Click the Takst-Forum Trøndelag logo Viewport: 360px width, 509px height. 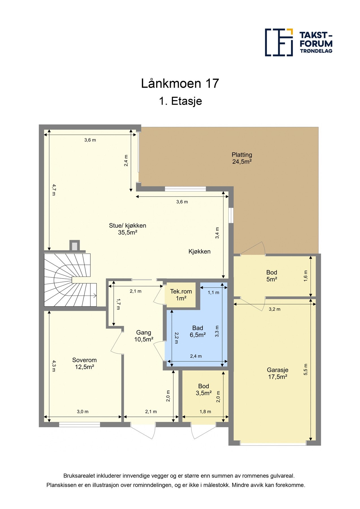[x=298, y=42]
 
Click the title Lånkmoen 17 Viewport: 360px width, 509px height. [x=180, y=83]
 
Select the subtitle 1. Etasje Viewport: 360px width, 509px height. [x=180, y=101]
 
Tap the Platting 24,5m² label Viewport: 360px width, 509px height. [x=242, y=158]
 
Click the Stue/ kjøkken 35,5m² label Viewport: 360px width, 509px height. [x=128, y=229]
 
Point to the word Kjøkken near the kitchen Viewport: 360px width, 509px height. [x=199, y=251]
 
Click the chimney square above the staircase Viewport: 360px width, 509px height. [x=74, y=246]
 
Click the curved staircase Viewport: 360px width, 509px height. [x=68, y=280]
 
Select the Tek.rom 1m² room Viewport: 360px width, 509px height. [x=181, y=295]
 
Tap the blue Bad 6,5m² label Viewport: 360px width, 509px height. [x=197, y=331]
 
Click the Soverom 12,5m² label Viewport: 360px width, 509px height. [x=84, y=363]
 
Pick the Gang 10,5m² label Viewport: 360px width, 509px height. [x=144, y=336]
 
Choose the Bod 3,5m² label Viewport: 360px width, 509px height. [x=204, y=389]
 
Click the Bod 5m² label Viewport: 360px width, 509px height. [x=271, y=276]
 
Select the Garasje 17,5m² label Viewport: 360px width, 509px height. [x=277, y=373]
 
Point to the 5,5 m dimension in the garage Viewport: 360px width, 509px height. [x=305, y=369]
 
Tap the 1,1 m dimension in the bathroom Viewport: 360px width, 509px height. [x=213, y=292]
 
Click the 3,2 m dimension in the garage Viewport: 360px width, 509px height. [x=274, y=309]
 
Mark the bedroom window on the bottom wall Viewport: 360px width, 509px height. [x=79, y=424]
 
